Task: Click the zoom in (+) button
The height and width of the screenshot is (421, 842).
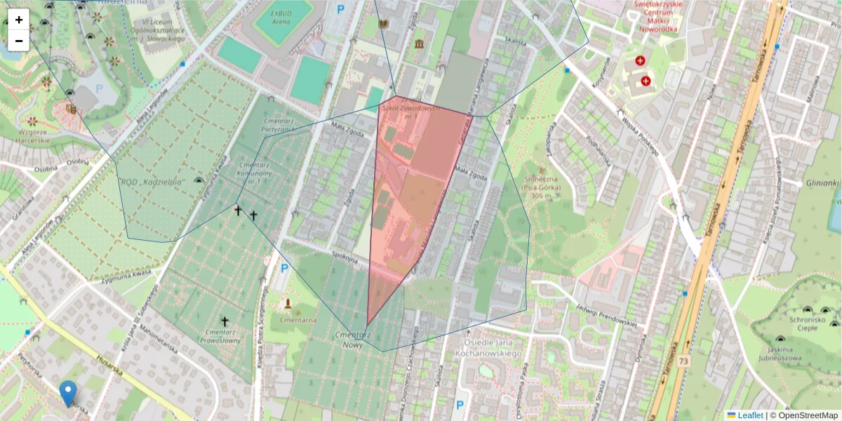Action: tap(19, 20)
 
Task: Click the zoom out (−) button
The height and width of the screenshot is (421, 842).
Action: tap(19, 41)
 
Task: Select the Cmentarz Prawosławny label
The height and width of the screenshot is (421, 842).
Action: tap(224, 336)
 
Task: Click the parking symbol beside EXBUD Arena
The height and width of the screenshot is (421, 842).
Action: tap(341, 9)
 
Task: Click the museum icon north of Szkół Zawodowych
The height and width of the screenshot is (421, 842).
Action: tap(420, 44)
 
